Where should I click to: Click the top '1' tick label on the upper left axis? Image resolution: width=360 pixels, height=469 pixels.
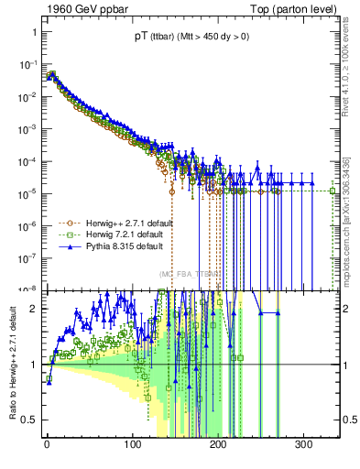pos(33,33)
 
